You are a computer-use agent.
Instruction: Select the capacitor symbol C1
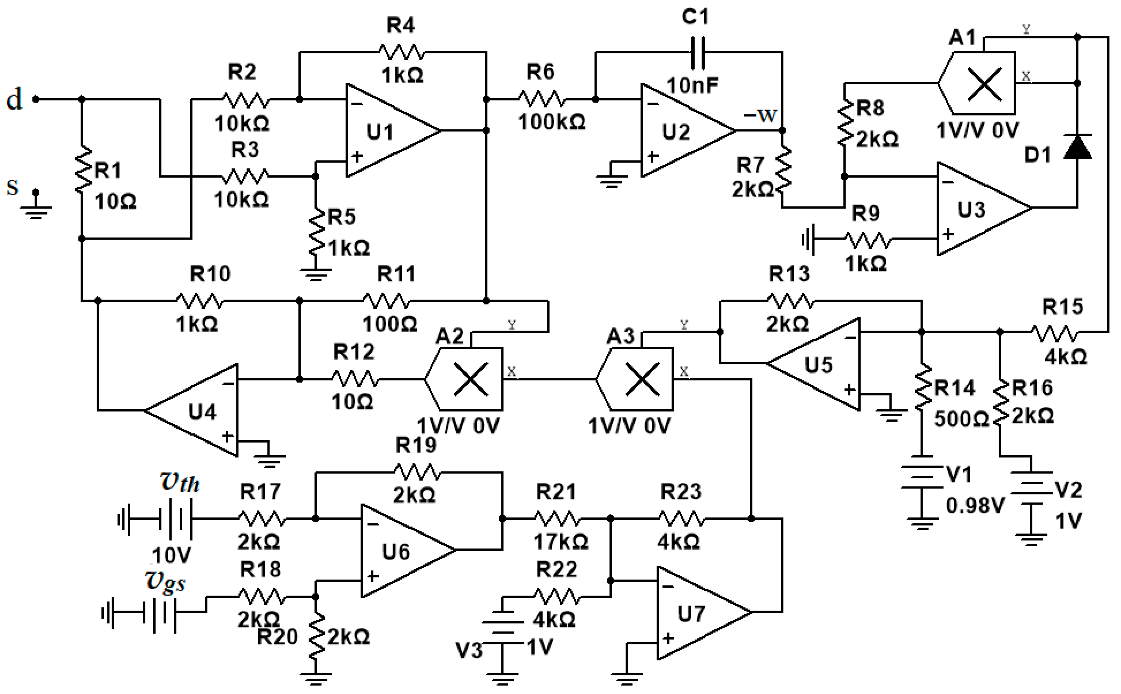[x=698, y=52]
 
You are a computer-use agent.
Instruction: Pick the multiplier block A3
[x=635, y=379]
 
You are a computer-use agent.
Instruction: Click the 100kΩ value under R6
[x=552, y=122]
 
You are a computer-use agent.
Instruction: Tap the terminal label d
[x=14, y=99]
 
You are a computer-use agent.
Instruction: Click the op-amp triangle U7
[x=704, y=613]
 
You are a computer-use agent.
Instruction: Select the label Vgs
[x=165, y=582]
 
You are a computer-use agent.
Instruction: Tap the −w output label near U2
[x=760, y=115]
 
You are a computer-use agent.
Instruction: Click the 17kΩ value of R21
[x=561, y=542]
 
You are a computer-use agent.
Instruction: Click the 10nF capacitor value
[x=692, y=85]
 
